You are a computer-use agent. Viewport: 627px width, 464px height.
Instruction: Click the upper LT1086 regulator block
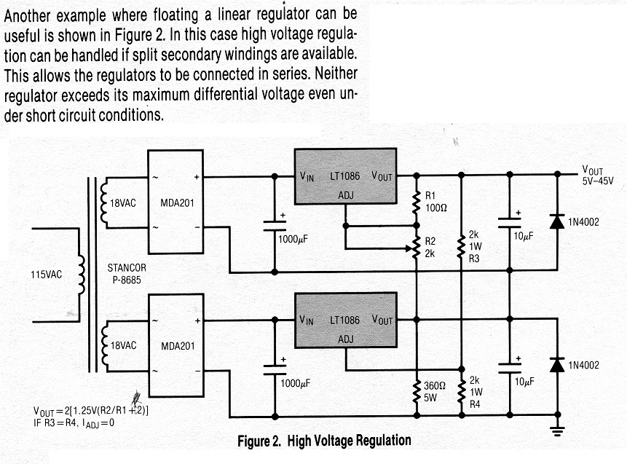345,176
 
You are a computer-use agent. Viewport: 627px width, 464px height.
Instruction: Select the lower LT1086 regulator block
345,320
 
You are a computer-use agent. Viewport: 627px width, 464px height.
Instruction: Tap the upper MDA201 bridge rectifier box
176,202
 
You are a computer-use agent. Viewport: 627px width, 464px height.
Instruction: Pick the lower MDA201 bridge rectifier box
176,345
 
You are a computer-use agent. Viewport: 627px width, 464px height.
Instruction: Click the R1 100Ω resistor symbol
417,202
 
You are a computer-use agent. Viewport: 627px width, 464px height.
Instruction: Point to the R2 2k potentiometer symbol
416,248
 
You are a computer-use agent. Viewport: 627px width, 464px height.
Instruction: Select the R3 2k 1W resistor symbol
461,247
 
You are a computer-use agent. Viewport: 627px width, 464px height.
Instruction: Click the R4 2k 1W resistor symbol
462,392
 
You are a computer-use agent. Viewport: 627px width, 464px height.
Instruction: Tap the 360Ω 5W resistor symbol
417,391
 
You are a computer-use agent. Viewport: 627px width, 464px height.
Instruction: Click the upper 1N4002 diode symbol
557,221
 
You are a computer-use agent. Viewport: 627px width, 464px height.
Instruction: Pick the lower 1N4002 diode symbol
557,365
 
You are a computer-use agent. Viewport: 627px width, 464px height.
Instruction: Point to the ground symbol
557,430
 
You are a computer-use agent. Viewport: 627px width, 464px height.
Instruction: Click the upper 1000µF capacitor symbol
275,226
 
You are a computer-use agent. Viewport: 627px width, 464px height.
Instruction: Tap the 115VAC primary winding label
47,275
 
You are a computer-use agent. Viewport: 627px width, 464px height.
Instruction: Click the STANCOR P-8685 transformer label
127,274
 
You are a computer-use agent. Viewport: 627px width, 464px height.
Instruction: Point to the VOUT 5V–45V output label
597,176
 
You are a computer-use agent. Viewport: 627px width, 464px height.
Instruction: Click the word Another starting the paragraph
28,16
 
